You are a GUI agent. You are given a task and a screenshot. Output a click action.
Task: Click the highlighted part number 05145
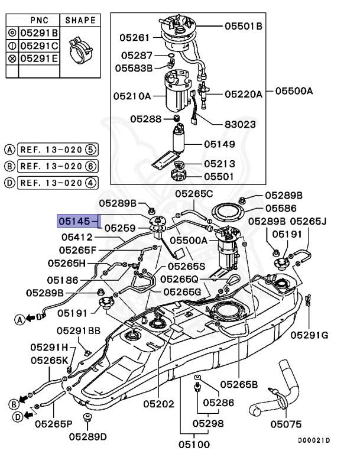(74, 221)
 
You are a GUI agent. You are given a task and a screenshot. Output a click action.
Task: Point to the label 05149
(220, 144)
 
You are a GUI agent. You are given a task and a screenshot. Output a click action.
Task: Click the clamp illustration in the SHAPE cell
(79, 49)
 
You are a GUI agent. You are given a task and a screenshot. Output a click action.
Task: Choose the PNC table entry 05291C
(39, 46)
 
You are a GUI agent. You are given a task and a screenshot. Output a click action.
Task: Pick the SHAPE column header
(80, 20)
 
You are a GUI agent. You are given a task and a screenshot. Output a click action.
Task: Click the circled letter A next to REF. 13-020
(9, 149)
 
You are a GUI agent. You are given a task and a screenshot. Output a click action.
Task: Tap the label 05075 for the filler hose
(286, 424)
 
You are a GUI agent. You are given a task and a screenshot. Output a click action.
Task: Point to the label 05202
(158, 404)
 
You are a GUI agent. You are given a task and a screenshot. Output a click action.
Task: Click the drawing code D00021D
(313, 440)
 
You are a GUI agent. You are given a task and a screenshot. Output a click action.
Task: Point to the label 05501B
(243, 26)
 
